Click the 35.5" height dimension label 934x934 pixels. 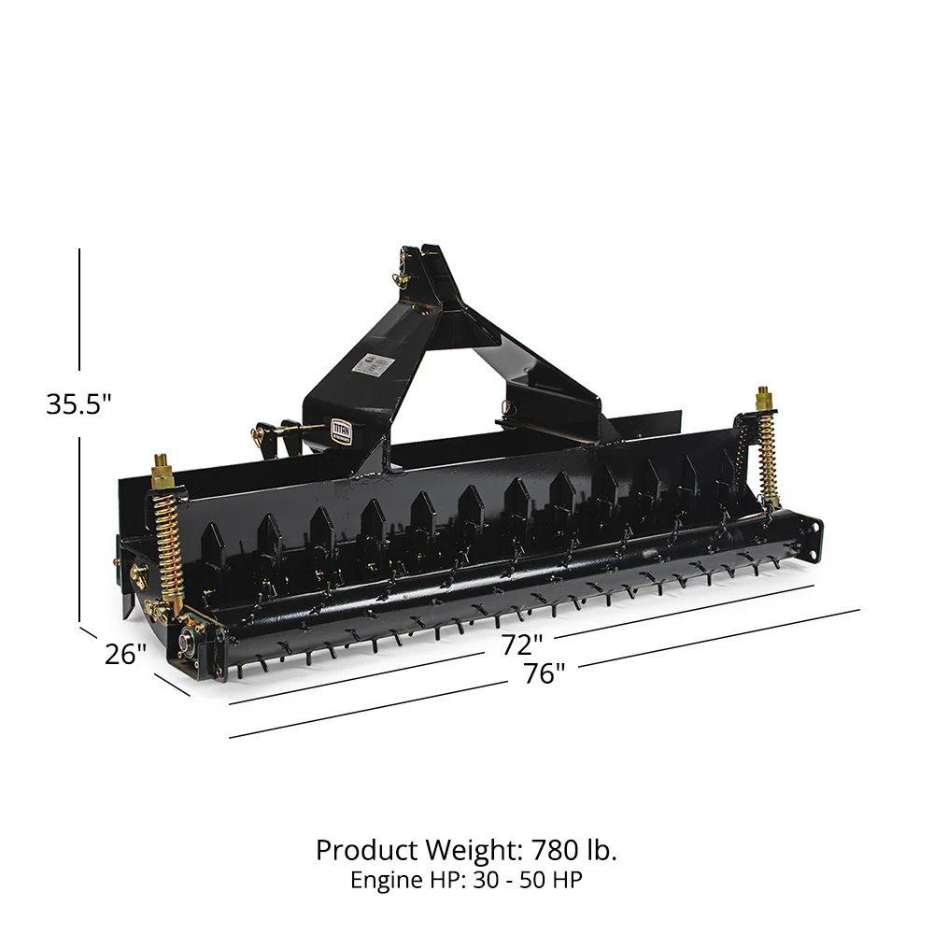click(78, 403)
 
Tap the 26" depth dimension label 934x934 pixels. click(126, 654)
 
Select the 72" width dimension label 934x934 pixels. click(522, 644)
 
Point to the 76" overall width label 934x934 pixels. click(544, 672)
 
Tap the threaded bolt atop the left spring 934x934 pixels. click(160, 464)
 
